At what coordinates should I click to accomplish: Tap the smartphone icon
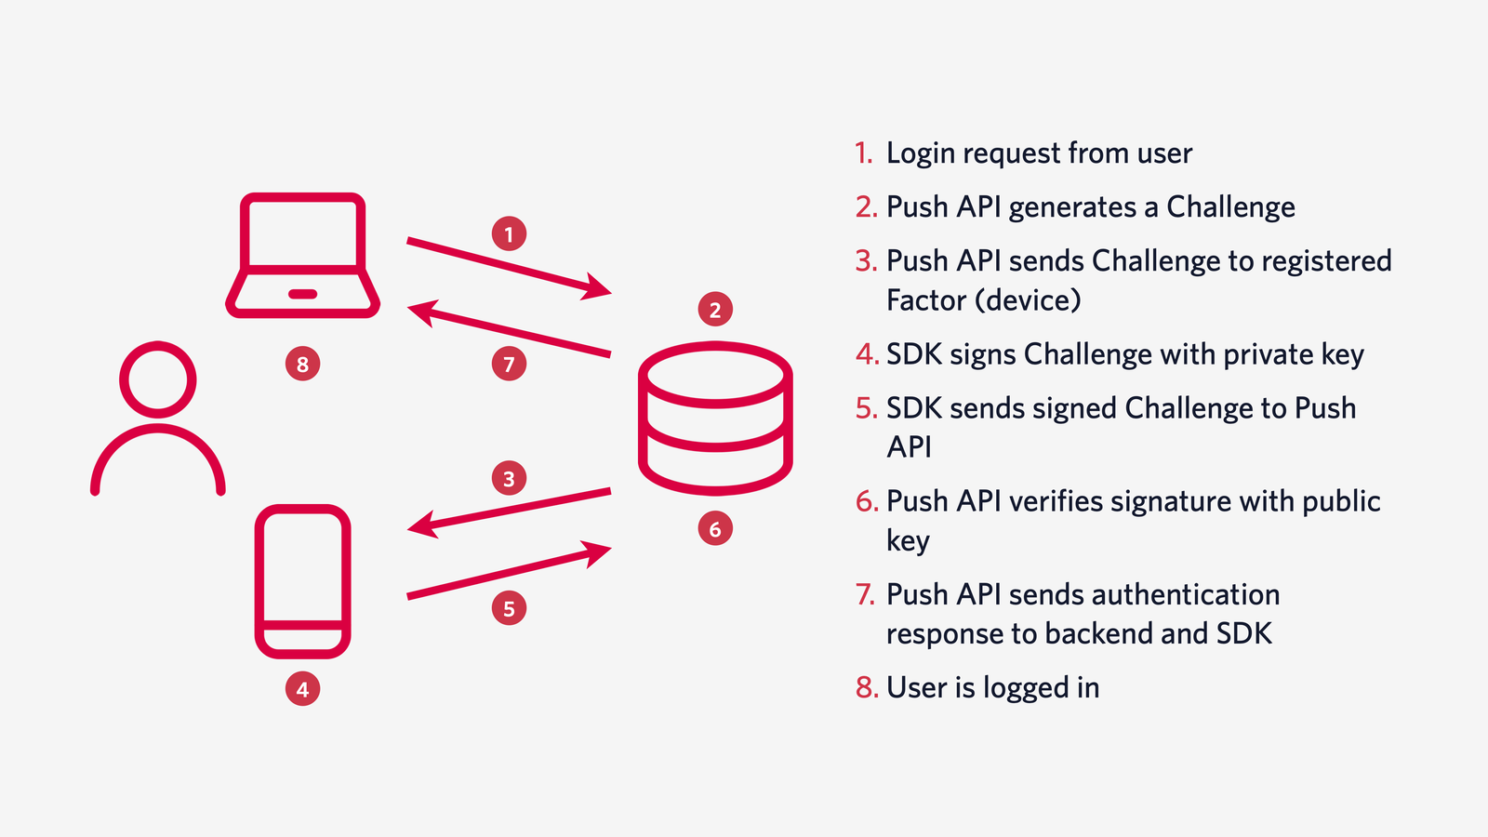click(302, 581)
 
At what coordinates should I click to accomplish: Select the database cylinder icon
click(714, 418)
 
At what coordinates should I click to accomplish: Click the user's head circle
click(158, 379)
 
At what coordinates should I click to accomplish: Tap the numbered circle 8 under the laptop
click(302, 364)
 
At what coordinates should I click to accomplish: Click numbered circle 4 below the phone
click(302, 689)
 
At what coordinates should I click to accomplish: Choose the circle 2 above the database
click(715, 310)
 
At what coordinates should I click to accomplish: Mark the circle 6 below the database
click(715, 529)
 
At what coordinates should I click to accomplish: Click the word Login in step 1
click(921, 153)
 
